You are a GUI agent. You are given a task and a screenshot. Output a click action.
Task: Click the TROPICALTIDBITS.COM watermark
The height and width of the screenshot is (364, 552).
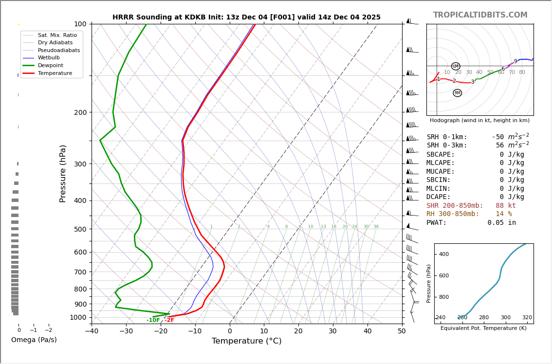[x=480, y=15]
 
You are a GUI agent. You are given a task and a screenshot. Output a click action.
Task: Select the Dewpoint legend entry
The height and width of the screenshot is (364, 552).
[x=51, y=65]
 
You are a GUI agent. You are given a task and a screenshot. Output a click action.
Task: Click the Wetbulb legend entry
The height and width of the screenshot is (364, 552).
[x=49, y=57]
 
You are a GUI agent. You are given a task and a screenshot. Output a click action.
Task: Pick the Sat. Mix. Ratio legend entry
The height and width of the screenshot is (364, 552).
[x=57, y=35]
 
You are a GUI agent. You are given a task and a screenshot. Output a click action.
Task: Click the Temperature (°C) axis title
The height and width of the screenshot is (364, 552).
[x=246, y=342]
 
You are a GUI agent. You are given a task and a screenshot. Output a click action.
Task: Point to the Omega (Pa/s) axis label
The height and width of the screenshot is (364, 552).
[x=34, y=340]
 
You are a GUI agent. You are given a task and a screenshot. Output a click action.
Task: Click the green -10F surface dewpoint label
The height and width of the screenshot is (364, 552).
[x=153, y=320]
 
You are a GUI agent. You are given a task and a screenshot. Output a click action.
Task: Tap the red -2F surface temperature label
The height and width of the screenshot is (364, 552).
[x=169, y=320]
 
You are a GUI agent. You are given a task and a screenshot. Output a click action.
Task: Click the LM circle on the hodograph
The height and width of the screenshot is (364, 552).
[x=456, y=66]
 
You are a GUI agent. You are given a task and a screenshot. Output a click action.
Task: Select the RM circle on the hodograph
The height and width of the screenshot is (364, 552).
[x=457, y=93]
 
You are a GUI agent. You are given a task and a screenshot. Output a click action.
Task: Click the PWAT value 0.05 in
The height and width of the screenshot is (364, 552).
[x=501, y=223]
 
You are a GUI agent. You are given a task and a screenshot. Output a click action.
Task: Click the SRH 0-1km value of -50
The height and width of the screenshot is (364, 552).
[x=499, y=137]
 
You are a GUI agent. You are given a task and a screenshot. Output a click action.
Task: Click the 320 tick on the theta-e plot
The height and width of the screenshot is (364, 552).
[x=527, y=318]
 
